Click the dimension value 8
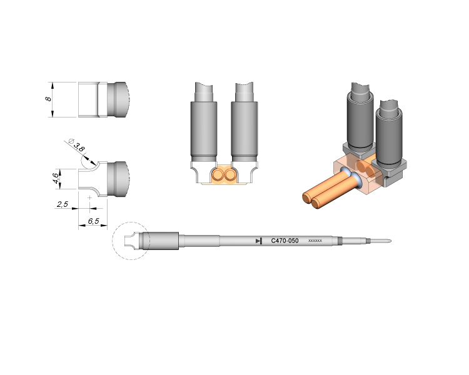point(48,99)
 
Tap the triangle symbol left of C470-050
point(259,241)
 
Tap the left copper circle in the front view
point(218,174)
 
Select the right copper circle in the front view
point(229,174)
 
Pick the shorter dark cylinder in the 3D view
point(390,134)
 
